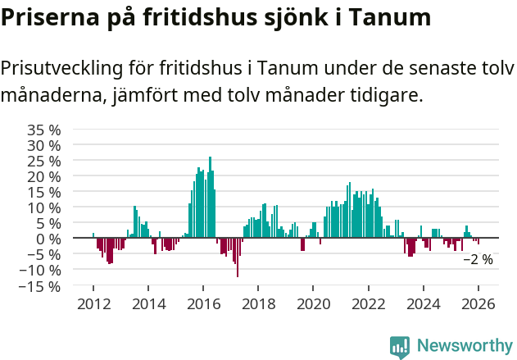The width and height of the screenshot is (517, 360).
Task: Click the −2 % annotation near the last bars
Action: pyautogui.click(x=478, y=259)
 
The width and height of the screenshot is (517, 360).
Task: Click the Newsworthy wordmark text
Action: pyautogui.click(x=465, y=346)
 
